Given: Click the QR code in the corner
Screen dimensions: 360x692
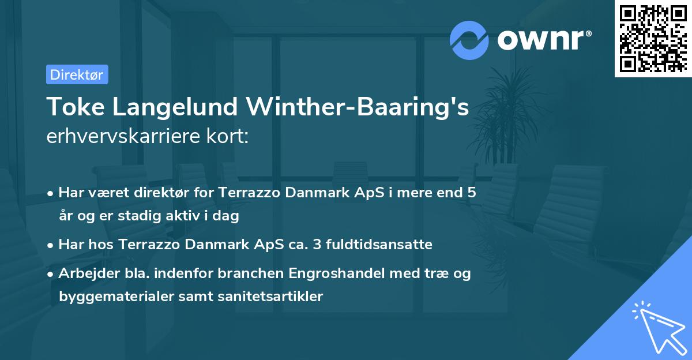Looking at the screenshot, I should click(x=653, y=39).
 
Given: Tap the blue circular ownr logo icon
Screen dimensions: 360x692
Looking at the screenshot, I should click(x=469, y=40).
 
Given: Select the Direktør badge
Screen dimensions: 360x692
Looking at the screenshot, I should click(x=77, y=74).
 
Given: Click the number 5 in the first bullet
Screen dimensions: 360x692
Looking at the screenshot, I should click(x=472, y=193).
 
